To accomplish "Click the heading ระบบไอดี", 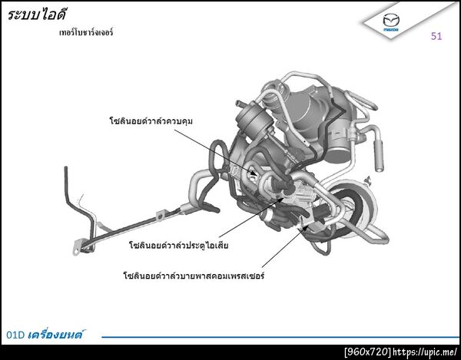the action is click(37, 15).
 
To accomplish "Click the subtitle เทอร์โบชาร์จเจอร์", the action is click(86, 32).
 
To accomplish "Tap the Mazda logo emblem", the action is click(391, 22).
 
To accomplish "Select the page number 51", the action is click(436, 36).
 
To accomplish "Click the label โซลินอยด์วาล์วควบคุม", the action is click(151, 121).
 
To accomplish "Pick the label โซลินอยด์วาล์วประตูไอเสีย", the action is click(179, 245).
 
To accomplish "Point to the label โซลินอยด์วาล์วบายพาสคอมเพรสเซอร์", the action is click(194, 276).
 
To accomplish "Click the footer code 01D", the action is click(15, 335).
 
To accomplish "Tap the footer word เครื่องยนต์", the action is click(55, 335).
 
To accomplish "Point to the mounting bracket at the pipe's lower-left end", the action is click(77, 247).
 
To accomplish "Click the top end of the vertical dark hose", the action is click(66, 168).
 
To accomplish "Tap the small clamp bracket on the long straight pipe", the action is click(161, 215).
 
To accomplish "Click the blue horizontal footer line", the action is click(280, 337).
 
